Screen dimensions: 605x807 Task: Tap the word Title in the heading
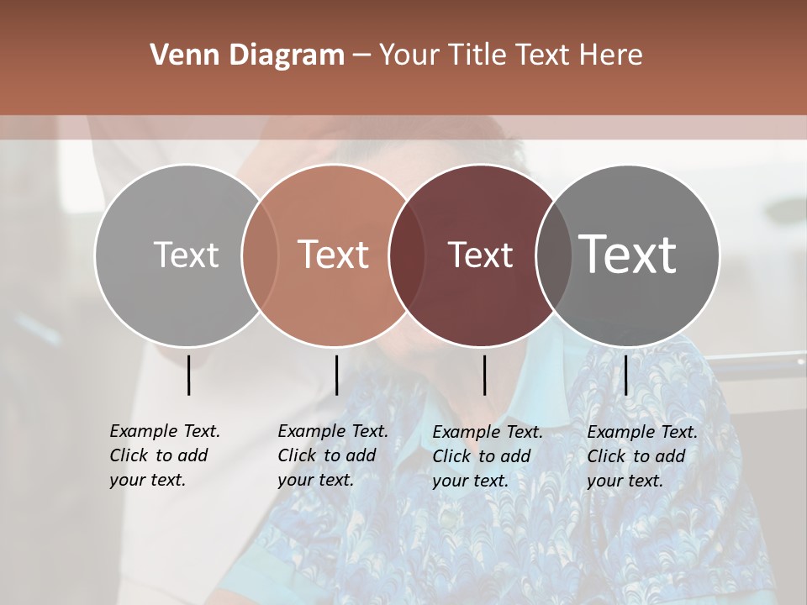point(477,55)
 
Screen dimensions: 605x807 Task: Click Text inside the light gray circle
point(186,255)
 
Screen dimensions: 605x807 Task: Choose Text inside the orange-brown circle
point(334,255)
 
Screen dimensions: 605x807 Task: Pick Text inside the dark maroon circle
point(480,255)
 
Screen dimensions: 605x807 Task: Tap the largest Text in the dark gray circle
point(628,254)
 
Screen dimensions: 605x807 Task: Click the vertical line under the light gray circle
point(189,375)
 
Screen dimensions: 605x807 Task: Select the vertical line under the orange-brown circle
point(336,375)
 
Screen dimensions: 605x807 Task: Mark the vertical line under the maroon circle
point(484,375)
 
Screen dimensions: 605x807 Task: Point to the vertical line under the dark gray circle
point(626,375)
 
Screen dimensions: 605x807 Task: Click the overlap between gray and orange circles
point(260,255)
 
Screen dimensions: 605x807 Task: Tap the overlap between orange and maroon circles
point(406,255)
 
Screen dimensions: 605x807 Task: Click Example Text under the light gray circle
point(165,431)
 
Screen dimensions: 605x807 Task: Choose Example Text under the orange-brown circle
point(333,431)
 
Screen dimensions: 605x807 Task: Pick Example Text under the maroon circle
point(488,432)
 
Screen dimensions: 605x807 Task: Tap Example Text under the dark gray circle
point(642,432)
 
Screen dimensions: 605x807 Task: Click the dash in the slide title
point(361,55)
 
